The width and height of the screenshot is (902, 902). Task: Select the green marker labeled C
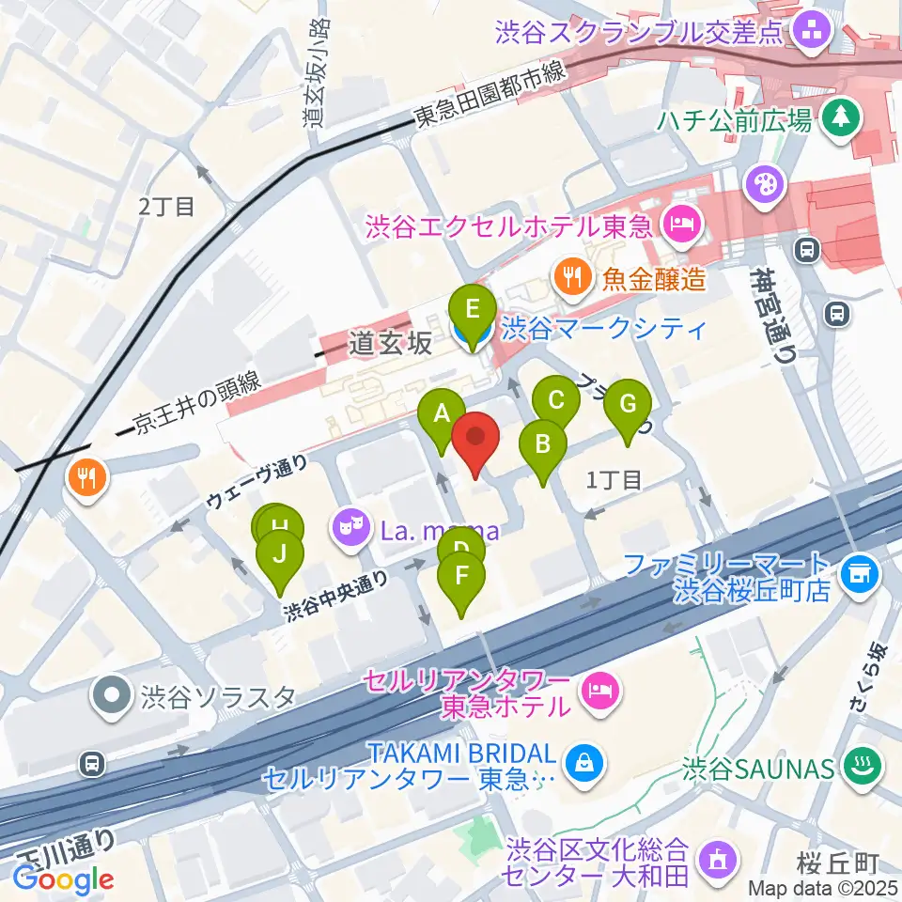click(555, 403)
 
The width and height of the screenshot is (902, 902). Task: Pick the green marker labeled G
click(629, 406)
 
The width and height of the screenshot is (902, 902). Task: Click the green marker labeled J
click(279, 555)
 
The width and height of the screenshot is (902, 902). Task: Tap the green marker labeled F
click(461, 578)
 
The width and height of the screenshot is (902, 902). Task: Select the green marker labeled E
click(472, 311)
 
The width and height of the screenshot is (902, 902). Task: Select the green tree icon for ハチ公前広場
click(834, 118)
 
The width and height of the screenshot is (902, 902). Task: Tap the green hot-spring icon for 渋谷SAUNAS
click(861, 768)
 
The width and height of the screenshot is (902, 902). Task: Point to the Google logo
click(63, 879)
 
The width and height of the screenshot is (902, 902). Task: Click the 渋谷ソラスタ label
click(218, 697)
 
